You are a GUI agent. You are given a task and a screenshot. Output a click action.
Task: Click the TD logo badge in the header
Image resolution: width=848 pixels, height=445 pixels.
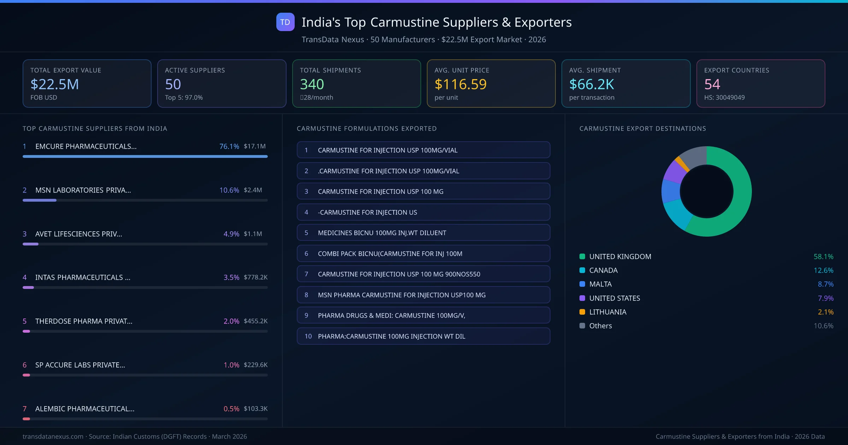click(285, 22)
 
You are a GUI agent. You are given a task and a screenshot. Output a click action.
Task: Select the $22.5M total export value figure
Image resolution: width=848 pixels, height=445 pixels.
click(55, 84)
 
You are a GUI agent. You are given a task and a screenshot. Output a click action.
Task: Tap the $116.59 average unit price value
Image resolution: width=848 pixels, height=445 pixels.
click(460, 84)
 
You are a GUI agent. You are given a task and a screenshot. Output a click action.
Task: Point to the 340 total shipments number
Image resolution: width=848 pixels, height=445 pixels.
click(312, 84)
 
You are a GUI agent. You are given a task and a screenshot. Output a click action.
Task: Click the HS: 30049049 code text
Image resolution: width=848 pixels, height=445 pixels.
click(724, 97)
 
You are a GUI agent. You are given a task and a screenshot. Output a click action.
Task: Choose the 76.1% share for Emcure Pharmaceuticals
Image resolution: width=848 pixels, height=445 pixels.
click(229, 146)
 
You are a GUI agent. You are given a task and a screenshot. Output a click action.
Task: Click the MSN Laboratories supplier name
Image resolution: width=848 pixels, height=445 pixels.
click(83, 190)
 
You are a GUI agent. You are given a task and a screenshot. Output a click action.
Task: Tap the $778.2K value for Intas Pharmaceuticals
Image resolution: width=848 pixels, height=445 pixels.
click(255, 277)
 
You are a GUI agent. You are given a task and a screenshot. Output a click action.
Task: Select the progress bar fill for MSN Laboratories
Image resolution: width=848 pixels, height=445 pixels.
click(40, 200)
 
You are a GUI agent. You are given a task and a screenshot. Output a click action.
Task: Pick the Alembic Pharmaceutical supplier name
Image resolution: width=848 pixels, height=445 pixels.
click(85, 409)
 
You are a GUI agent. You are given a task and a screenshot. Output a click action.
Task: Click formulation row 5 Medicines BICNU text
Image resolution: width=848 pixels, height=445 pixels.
click(382, 233)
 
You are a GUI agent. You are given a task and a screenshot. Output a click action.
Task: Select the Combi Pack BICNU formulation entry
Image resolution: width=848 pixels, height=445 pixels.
click(390, 254)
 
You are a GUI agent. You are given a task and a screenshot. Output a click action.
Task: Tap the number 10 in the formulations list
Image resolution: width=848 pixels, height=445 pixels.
click(308, 336)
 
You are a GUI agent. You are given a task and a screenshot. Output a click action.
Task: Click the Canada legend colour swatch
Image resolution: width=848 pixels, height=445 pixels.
click(582, 270)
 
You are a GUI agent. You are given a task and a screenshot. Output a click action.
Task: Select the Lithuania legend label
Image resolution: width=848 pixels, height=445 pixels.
click(608, 312)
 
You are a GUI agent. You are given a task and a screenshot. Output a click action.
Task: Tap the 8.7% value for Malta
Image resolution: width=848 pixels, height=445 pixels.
click(825, 284)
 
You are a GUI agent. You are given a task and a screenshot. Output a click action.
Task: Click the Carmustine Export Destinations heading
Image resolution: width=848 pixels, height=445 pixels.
click(643, 129)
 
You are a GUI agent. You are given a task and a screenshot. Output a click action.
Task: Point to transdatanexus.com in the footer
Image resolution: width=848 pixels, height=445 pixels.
click(53, 437)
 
